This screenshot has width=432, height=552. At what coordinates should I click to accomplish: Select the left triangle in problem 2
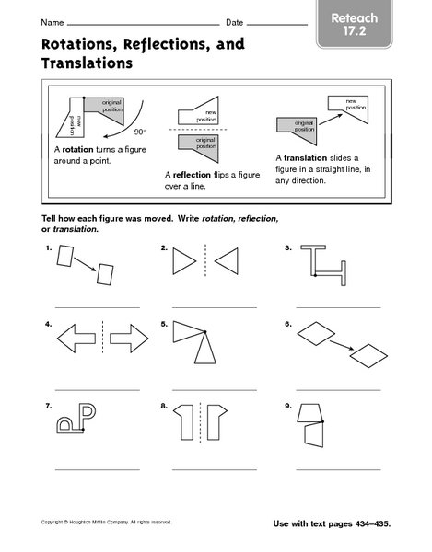click(183, 261)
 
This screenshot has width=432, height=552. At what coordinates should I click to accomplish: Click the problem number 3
click(288, 248)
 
